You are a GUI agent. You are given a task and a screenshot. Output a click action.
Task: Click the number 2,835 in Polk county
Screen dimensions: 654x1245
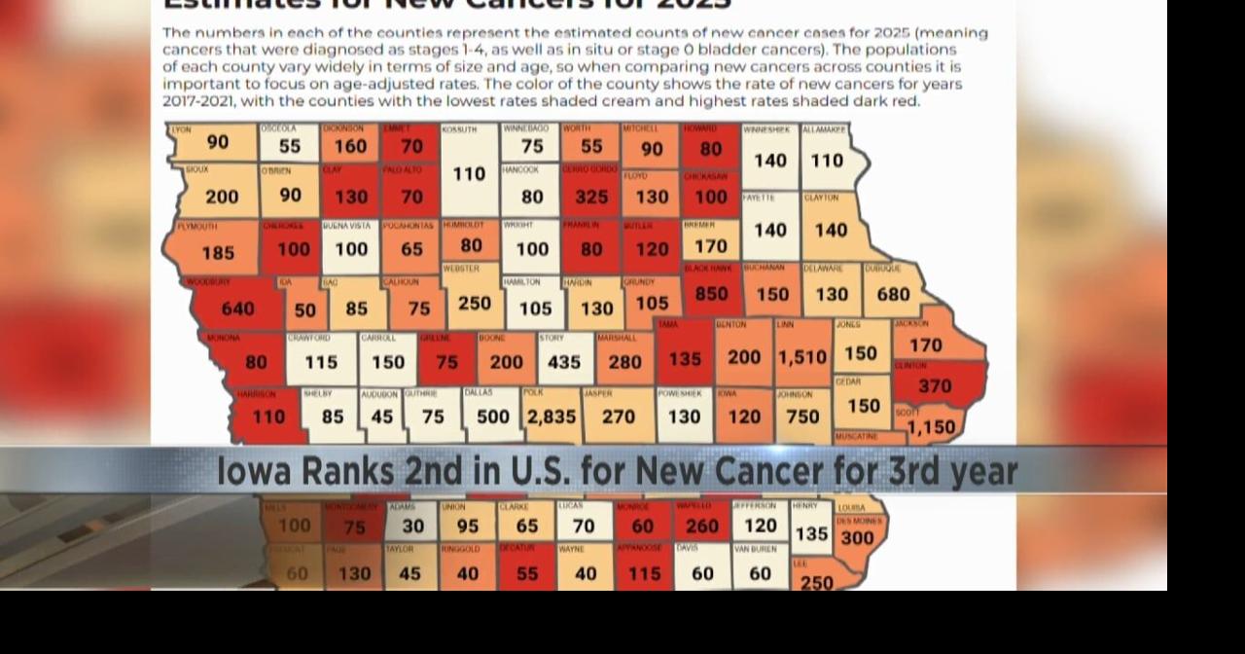(551, 417)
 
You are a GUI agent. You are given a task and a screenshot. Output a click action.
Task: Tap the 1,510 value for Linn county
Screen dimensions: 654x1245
(801, 357)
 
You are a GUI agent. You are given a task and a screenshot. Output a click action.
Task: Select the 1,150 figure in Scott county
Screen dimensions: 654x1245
(931, 427)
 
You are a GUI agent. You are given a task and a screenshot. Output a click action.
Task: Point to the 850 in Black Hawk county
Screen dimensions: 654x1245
(711, 294)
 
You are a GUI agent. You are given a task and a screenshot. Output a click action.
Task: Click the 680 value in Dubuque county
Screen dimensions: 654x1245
(893, 294)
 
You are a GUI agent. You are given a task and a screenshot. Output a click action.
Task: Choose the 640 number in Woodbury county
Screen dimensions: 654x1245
(237, 309)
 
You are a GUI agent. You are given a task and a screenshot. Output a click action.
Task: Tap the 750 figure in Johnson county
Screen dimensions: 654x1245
(802, 417)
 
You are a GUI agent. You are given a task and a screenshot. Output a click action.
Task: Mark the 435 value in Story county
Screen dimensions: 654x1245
(564, 362)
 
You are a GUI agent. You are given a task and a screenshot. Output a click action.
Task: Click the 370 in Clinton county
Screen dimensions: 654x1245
(935, 386)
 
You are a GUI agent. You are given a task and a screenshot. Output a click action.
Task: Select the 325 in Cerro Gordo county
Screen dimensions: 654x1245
(591, 197)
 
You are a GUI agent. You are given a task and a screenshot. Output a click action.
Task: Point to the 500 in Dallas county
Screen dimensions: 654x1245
(493, 417)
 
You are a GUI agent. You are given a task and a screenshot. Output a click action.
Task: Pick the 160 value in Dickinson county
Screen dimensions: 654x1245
(350, 147)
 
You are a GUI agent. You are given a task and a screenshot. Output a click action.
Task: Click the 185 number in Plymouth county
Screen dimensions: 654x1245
(218, 253)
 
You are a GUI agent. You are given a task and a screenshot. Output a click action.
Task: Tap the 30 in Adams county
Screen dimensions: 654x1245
(413, 526)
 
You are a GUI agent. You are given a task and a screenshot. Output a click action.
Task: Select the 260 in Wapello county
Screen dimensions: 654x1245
(702, 527)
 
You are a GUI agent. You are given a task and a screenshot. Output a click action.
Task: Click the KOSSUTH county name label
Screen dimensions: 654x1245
(459, 129)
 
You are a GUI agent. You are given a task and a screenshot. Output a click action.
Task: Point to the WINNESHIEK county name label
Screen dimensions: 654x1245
(767, 129)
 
